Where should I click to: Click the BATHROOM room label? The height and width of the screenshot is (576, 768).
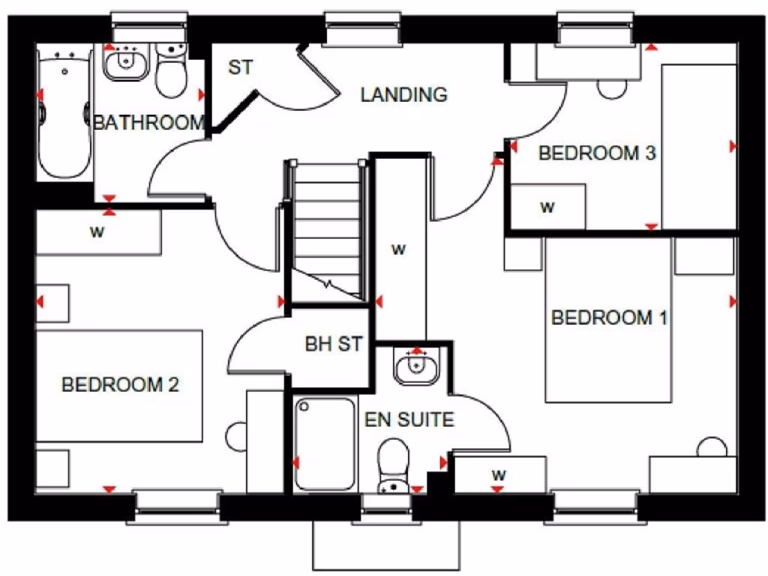[x=148, y=122]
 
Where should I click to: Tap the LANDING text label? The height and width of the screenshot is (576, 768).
[x=403, y=95]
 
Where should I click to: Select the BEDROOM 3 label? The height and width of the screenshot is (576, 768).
[x=597, y=154]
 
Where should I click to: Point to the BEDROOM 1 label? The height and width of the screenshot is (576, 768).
[x=609, y=318]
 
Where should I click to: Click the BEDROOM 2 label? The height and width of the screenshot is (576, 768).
[x=120, y=385]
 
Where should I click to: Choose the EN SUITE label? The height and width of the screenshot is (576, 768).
[x=409, y=419]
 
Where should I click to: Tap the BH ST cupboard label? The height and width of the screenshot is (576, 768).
[x=333, y=344]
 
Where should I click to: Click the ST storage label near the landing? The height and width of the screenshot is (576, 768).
[x=239, y=67]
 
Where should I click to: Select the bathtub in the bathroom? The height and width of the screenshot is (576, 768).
[x=64, y=111]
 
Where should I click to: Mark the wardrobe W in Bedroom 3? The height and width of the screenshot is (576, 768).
[x=547, y=206]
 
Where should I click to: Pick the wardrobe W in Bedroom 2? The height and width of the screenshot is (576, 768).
[x=97, y=232]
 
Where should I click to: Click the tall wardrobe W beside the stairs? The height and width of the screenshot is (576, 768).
[x=400, y=250]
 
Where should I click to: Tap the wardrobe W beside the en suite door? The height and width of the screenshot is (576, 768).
[x=499, y=474]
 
